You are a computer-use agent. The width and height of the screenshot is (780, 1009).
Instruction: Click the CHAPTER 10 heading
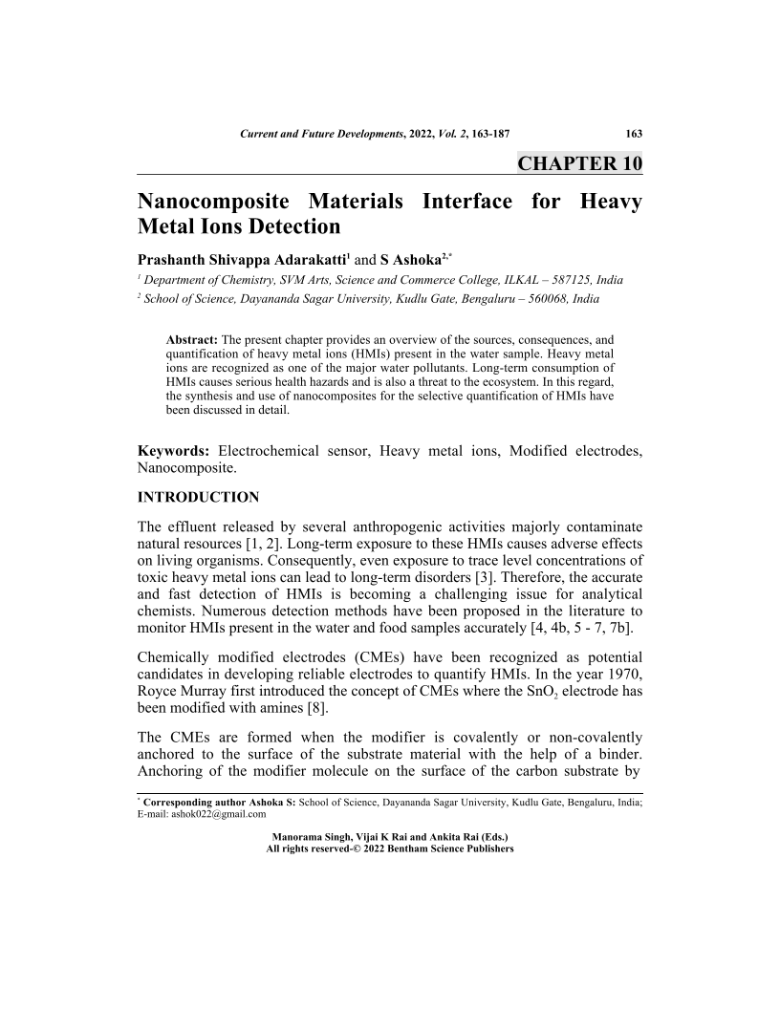click(x=579, y=162)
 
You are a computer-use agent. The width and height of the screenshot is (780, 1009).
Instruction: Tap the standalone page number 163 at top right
click(x=632, y=134)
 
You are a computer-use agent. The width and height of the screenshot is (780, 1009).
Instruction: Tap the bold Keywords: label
click(x=174, y=450)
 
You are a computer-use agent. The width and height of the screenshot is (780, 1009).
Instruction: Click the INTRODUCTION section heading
click(x=199, y=497)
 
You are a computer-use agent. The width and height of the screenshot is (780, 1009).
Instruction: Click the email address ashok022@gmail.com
click(x=218, y=815)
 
